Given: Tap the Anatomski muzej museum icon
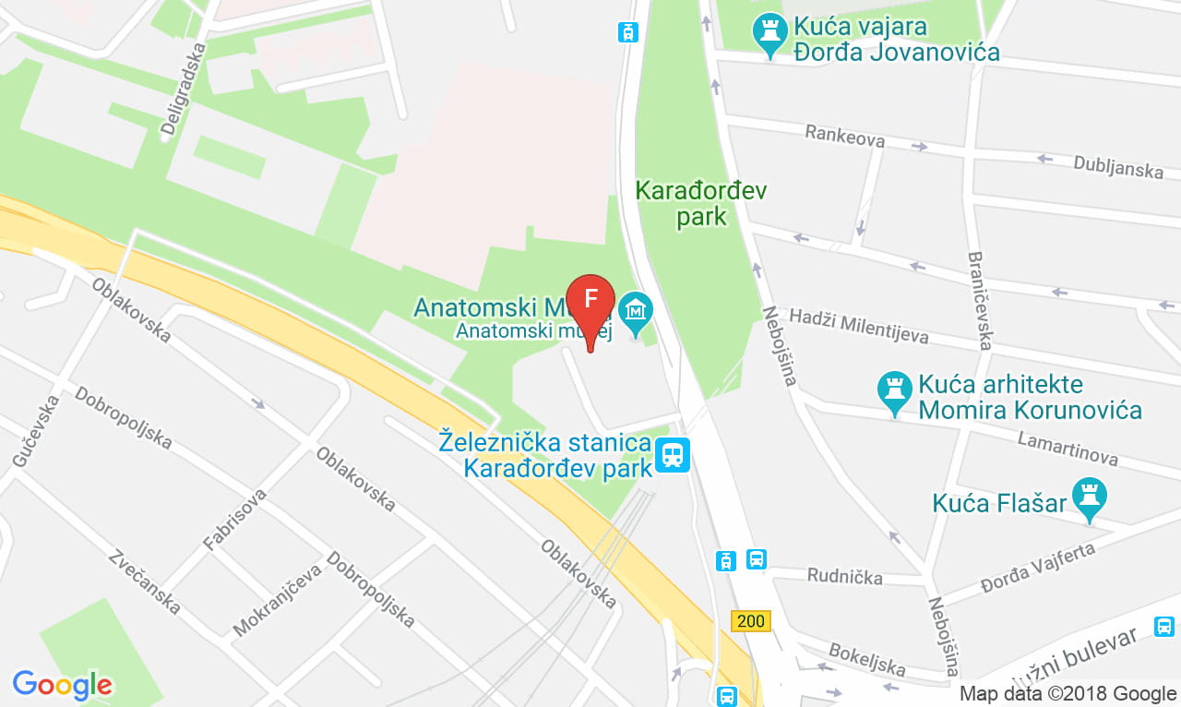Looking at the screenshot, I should tap(635, 315).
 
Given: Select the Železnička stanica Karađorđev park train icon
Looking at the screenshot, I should tap(672, 454).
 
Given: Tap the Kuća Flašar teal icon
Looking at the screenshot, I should tap(1090, 497).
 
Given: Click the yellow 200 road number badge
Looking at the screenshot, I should tap(751, 620).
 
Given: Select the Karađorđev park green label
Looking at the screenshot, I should tap(701, 204).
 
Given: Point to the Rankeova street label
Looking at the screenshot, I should tap(844, 137).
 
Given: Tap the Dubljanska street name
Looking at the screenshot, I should tap(1117, 165).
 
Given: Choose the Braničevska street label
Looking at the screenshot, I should tap(980, 301).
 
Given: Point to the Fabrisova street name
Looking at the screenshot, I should tap(234, 520).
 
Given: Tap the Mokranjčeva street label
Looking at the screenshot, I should tap(277, 600).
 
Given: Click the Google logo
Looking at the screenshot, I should tap(62, 685).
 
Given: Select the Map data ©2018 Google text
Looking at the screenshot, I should tap(1068, 693).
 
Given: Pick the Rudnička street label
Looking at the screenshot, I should tap(844, 577).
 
